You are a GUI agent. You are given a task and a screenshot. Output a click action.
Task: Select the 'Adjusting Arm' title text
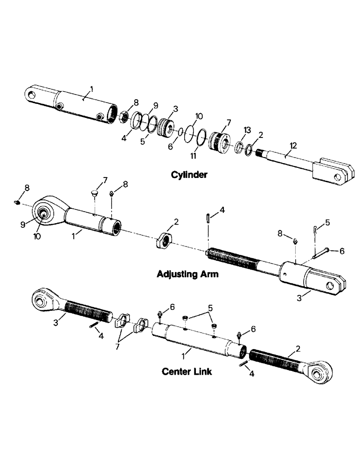coord(187,274)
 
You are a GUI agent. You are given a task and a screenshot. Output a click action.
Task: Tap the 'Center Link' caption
coord(187,371)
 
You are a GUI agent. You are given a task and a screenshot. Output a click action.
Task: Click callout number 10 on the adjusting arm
coord(37,236)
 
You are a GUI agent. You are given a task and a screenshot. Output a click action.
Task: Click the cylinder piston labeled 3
coord(166,127)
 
